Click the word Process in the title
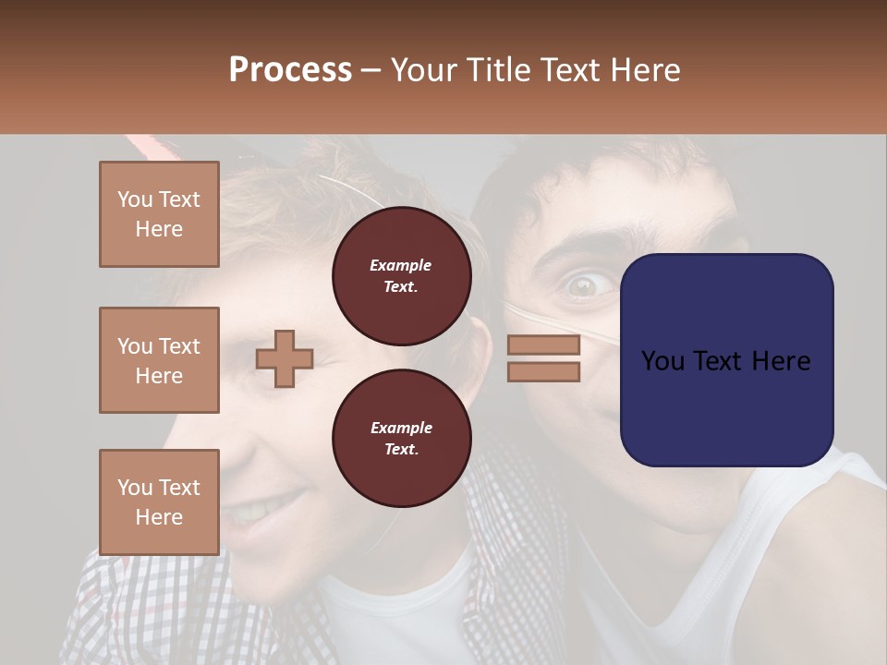pos(290,70)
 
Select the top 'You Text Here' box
pos(159,214)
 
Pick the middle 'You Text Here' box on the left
pos(159,360)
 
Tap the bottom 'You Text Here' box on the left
pos(159,502)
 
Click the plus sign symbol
pos(285,358)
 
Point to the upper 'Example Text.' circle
pos(402,275)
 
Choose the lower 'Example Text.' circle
pos(402,438)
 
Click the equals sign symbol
pos(543,358)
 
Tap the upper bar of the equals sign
pos(543,345)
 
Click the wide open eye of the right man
pos(582,285)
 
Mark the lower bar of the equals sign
pos(543,371)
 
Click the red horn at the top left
pos(143,145)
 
